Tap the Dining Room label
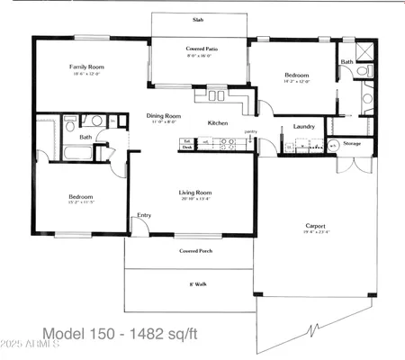click(x=164, y=115)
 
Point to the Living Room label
click(x=195, y=193)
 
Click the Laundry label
click(x=304, y=127)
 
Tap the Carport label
click(x=315, y=226)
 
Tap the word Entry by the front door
click(x=144, y=215)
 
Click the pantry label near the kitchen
click(x=250, y=132)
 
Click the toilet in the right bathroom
click(x=362, y=69)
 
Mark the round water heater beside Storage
click(x=332, y=144)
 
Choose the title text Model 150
click(x=85, y=328)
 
